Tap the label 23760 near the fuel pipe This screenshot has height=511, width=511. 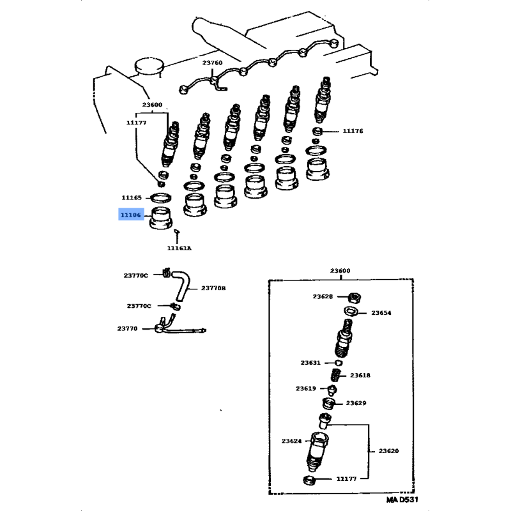coord(212,63)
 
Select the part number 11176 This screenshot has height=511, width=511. coord(352,131)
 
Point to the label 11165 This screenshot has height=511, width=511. coord(132,198)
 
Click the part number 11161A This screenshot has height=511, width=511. coord(179,248)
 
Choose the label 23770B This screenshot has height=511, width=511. coord(214,288)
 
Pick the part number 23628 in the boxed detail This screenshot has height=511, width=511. coord(323,296)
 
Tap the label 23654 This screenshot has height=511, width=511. coord(381,313)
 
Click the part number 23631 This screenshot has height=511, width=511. coord(310,363)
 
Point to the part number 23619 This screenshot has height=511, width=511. coord(305,388)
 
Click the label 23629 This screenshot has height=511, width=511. coord(356,403)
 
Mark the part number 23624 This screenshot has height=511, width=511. coord(293,440)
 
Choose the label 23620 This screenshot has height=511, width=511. coord(388,451)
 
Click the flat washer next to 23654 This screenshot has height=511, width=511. coord(349,311)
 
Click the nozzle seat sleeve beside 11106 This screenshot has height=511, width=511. coord(162,218)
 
